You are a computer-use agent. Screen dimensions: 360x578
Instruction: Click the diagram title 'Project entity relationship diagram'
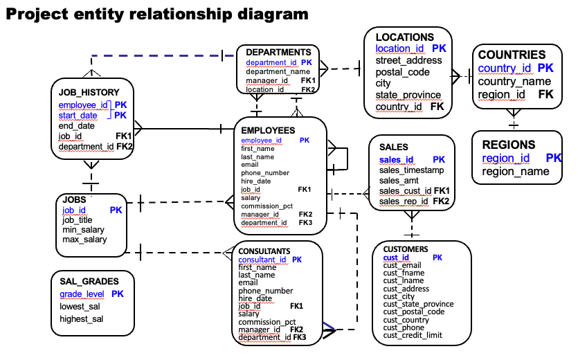(157, 13)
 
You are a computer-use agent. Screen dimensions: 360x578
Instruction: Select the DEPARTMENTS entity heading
(278, 52)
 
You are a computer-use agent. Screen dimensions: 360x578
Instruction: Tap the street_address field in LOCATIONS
(408, 60)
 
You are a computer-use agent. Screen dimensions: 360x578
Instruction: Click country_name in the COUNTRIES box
(514, 81)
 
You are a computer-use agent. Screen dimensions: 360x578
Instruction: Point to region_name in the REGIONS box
(515, 171)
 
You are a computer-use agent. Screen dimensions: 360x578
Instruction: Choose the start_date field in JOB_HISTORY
(78, 116)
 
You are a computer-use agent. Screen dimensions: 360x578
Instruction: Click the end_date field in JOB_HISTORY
(76, 126)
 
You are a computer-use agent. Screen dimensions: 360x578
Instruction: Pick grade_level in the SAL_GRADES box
(82, 294)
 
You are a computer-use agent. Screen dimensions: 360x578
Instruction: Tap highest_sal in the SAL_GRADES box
(81, 318)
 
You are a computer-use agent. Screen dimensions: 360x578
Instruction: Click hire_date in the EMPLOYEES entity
(255, 181)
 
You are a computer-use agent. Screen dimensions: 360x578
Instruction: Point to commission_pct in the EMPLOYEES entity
(267, 206)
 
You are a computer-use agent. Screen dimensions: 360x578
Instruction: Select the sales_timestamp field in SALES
(411, 170)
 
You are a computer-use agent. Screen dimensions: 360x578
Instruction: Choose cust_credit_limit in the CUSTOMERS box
(413, 336)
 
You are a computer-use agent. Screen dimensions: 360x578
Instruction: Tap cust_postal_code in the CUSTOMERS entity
(413, 312)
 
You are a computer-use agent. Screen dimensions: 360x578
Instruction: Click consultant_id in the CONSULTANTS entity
(262, 260)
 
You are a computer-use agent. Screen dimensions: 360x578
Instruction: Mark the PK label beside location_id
(439, 48)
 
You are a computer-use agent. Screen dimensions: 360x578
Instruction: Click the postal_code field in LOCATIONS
(402, 72)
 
